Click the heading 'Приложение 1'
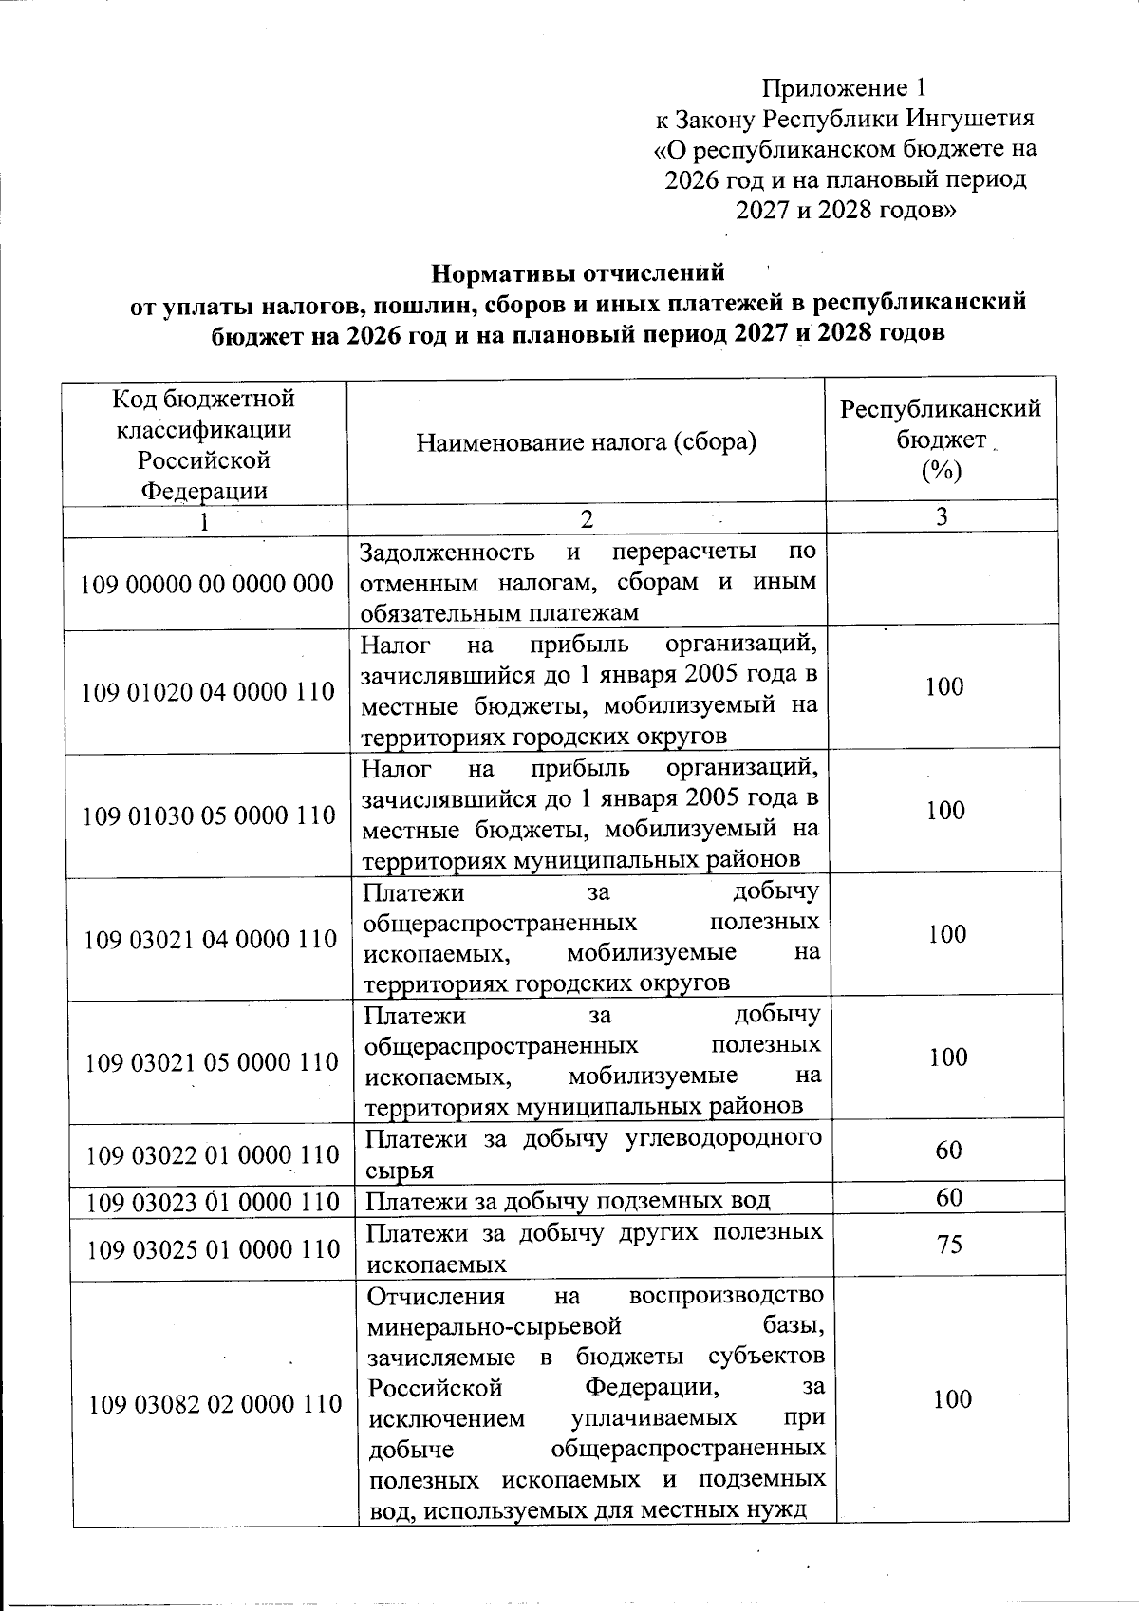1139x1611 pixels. (844, 88)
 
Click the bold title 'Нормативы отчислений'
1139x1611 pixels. (578, 273)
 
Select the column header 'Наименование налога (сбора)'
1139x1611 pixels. (587, 441)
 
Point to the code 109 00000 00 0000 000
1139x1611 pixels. (209, 583)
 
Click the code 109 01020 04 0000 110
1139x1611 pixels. (209, 691)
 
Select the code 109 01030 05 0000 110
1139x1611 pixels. (210, 815)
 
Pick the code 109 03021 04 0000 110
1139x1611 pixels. (211, 939)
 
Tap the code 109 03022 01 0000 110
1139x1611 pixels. (213, 1155)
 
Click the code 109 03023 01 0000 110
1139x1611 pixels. (213, 1203)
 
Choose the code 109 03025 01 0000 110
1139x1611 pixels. (213, 1249)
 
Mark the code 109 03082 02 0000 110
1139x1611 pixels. (215, 1402)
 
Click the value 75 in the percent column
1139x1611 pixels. (949, 1244)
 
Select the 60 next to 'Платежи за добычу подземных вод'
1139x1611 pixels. (949, 1198)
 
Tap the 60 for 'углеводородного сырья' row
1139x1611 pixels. (949, 1151)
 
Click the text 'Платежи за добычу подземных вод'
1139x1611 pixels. (569, 1202)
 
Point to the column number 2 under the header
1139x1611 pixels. (587, 518)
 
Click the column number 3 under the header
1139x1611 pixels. (942, 516)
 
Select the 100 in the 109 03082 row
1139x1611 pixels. (951, 1399)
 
